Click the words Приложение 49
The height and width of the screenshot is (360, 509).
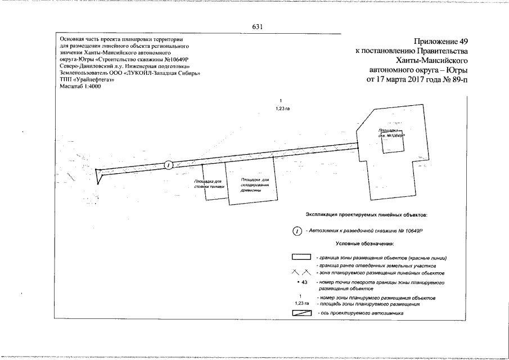point(440,41)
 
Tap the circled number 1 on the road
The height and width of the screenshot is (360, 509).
point(168,164)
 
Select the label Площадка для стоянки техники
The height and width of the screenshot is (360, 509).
point(208,184)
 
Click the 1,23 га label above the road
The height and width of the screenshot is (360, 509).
point(283,109)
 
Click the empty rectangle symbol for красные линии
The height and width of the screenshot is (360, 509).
point(301,257)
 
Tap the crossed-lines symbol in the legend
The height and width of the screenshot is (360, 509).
point(301,273)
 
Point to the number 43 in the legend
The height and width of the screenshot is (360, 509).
point(302,282)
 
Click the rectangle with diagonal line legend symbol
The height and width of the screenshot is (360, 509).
point(301,312)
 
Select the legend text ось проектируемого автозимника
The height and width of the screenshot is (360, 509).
point(363,312)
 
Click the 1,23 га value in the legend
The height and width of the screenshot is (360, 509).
point(301,303)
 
